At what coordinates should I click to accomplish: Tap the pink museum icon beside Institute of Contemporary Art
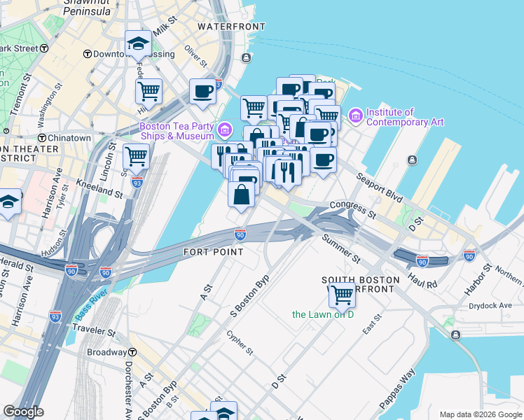click(x=355, y=114)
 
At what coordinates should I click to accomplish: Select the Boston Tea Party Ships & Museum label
click(x=177, y=131)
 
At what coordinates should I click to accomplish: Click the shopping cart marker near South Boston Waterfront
click(x=342, y=295)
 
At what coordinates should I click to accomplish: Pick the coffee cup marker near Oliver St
click(x=202, y=92)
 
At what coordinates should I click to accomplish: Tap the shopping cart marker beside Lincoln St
click(x=136, y=157)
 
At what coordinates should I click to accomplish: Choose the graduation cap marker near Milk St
click(x=139, y=45)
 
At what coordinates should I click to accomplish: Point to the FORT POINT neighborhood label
click(x=213, y=251)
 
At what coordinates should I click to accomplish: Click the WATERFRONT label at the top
click(x=223, y=26)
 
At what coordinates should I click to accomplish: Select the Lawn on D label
click(x=324, y=314)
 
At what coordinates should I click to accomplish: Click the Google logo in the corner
click(x=23, y=412)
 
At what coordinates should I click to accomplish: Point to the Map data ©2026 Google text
click(x=481, y=414)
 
